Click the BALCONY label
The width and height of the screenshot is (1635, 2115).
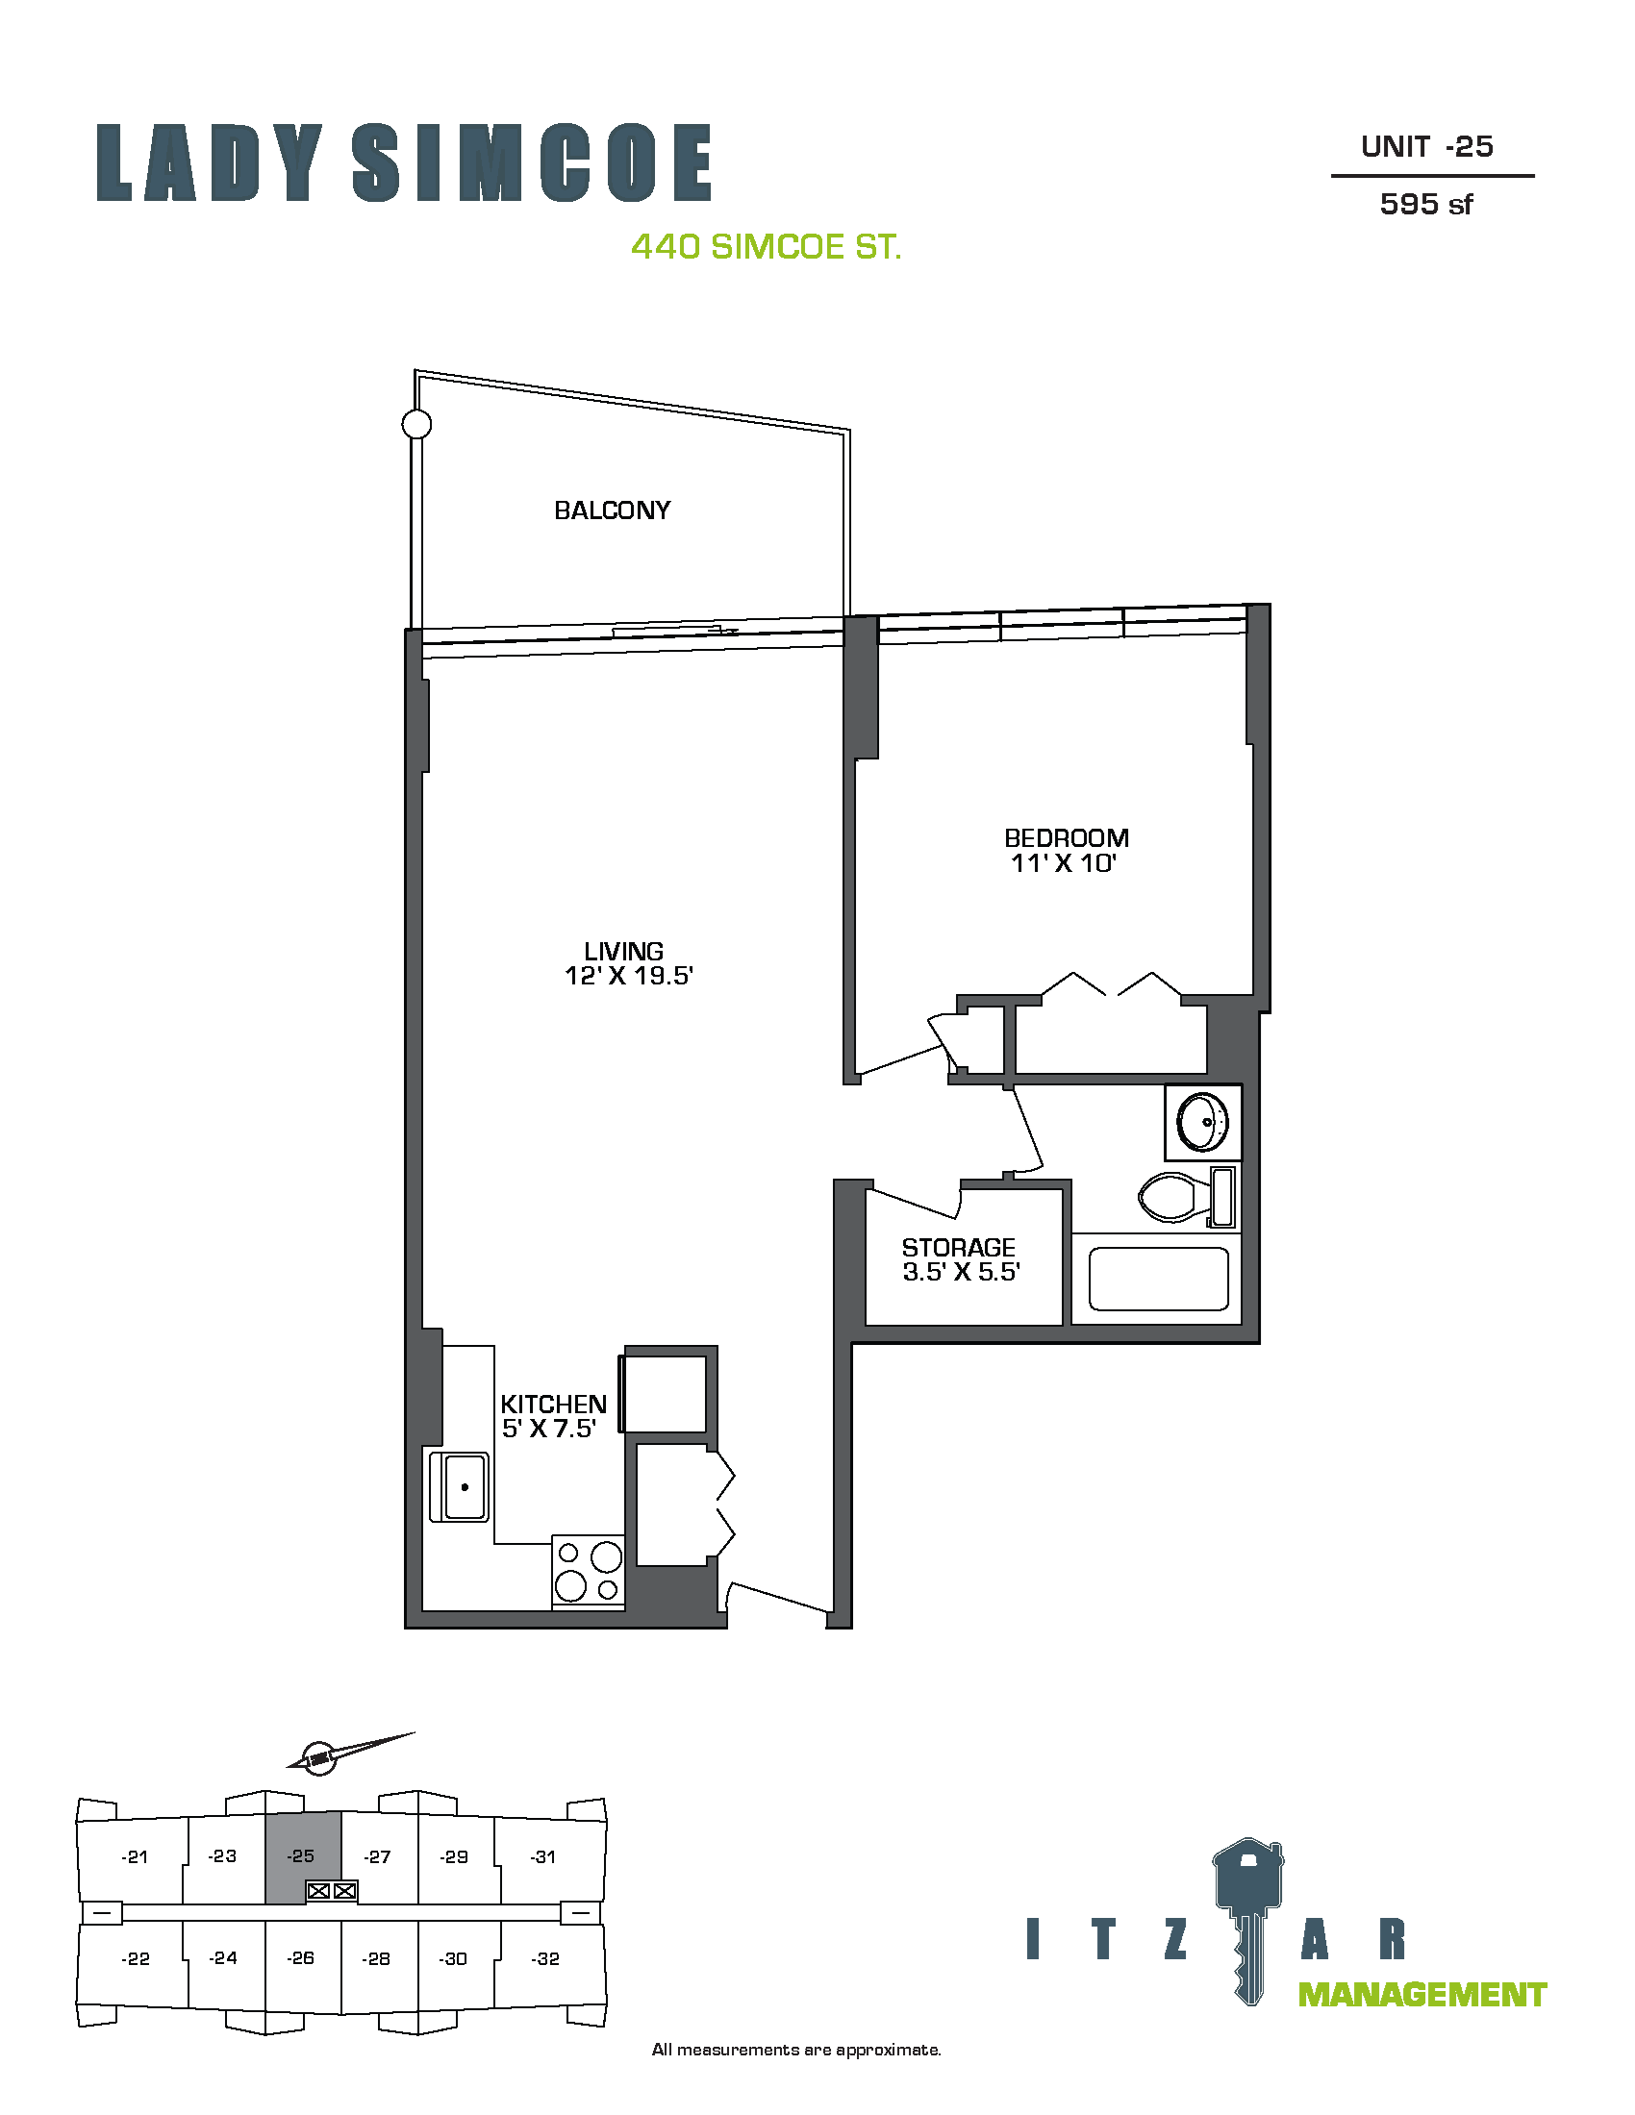tap(612, 510)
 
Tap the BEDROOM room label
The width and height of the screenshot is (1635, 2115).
tap(1067, 837)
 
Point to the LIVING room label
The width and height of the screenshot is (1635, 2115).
tap(624, 951)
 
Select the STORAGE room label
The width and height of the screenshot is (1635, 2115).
tap(959, 1247)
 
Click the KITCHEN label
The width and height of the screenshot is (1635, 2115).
tap(553, 1405)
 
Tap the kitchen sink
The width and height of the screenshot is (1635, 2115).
tap(460, 1486)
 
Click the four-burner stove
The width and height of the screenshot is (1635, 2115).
tap(588, 1572)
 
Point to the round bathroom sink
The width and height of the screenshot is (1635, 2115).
tap(1202, 1121)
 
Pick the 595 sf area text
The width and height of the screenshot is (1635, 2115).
tap(1425, 205)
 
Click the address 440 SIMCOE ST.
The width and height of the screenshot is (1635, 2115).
tap(767, 247)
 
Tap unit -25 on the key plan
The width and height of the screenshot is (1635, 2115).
tap(301, 1856)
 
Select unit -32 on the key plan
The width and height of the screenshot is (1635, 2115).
tap(545, 1958)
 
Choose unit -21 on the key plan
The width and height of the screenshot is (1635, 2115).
tap(135, 1856)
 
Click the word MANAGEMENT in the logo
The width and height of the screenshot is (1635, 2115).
tap(1421, 1995)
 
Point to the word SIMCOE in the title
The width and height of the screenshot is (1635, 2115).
tap(532, 162)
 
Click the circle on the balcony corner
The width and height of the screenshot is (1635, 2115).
tap(416, 424)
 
